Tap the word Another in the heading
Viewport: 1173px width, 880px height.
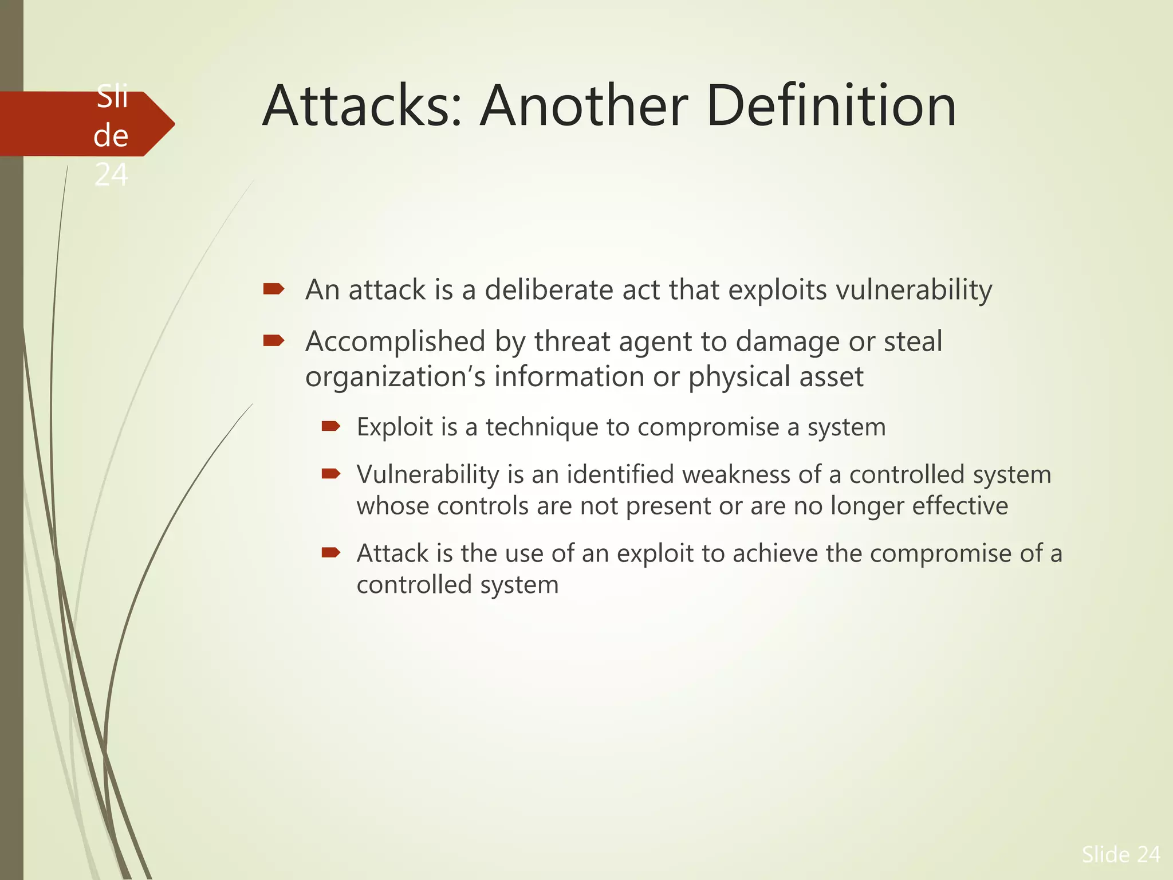pos(584,106)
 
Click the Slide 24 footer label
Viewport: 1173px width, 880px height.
pos(1120,854)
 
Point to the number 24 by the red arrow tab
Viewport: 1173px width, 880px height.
pos(111,175)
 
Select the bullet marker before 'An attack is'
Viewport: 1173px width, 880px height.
pos(273,289)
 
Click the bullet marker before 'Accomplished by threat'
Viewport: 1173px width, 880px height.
pos(273,341)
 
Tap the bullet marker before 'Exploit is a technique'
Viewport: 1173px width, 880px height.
pos(330,426)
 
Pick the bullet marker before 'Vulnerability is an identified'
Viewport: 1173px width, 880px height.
pos(330,473)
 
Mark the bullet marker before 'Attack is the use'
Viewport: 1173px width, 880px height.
pos(330,552)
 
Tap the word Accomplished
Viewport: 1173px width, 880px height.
pos(395,342)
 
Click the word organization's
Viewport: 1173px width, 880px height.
pos(395,378)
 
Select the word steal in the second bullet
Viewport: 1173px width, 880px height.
pos(913,341)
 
